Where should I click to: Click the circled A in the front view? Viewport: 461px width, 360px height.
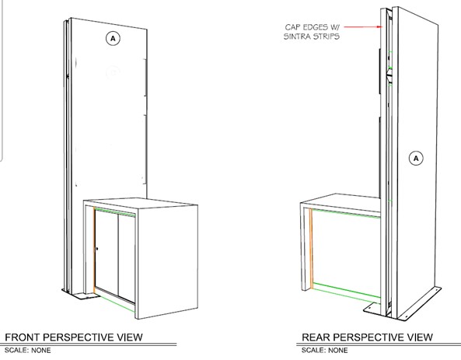pos(113,39)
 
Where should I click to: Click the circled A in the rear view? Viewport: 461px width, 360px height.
pos(416,159)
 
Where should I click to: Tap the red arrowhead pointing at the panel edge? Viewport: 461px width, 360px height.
pos(379,26)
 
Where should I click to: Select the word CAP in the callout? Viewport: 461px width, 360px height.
pos(292,27)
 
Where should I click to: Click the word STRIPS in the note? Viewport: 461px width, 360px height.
pos(326,37)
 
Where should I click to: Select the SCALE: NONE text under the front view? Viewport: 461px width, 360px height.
pos(28,351)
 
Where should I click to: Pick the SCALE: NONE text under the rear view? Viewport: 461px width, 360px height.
pos(325,351)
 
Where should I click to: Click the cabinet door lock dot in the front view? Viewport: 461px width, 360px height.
pos(97,249)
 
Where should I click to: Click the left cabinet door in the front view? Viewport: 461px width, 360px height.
pos(107,252)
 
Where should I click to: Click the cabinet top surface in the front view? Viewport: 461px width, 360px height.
pos(141,203)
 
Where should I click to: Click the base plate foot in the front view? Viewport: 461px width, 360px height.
pos(85,296)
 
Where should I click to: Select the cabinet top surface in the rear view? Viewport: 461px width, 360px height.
pos(341,201)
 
